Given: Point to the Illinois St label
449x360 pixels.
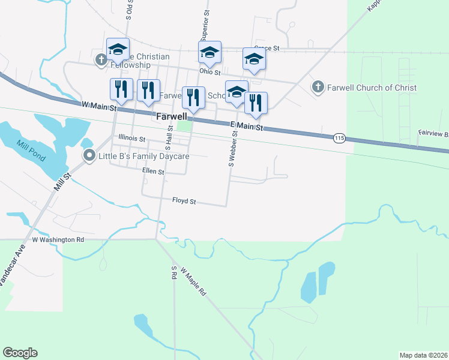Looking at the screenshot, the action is [x=132, y=139].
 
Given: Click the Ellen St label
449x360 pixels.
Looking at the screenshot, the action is [x=153, y=172].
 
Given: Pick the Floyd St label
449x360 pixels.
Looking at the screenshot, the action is [x=184, y=202].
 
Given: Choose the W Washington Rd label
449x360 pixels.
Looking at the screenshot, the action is [x=58, y=239].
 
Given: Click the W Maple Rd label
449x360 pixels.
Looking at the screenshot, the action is [x=193, y=283].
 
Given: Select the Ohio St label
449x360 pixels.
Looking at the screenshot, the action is [x=210, y=71].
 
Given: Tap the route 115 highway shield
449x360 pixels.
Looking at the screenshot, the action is [x=340, y=139].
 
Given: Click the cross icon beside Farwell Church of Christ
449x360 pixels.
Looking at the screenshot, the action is [x=318, y=88].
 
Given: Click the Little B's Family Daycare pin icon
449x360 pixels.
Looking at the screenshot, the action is [x=90, y=157].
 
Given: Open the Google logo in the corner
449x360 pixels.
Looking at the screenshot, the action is [x=20, y=353].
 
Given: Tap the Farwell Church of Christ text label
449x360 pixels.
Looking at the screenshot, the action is [x=372, y=88].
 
